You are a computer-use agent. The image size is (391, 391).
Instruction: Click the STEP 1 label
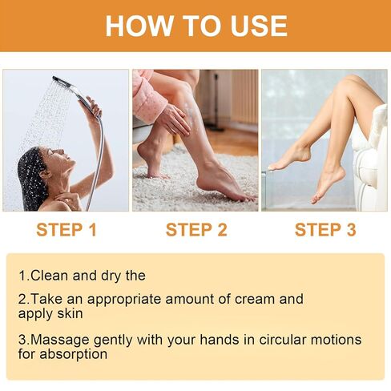[67, 231]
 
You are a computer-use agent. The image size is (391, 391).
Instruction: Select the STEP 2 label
[196, 231]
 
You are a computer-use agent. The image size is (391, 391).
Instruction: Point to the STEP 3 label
[325, 231]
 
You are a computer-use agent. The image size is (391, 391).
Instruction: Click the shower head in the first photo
[63, 83]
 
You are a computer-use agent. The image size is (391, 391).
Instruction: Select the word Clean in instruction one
[49, 276]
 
